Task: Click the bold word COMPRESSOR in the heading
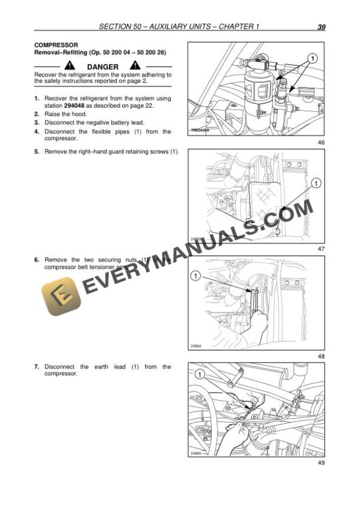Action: [x=56, y=45]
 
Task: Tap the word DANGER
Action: [x=102, y=67]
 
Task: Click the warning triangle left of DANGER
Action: [x=69, y=66]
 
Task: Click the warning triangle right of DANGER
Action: [x=135, y=66]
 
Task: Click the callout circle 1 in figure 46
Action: [x=312, y=58]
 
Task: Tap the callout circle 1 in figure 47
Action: [x=316, y=184]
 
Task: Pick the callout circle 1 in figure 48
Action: [x=196, y=275]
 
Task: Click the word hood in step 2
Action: [x=78, y=114]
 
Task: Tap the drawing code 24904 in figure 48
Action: [x=196, y=346]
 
